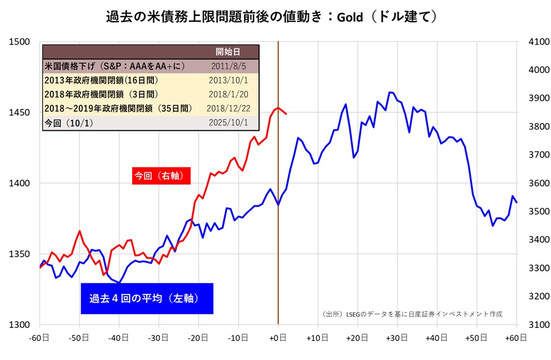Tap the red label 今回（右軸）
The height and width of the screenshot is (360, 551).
161,176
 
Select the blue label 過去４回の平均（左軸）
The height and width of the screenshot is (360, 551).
147,298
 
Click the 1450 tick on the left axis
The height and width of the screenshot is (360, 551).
21,113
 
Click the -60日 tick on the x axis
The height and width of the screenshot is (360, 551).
40,338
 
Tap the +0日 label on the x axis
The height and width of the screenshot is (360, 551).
278,338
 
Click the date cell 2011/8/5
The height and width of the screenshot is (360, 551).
229,66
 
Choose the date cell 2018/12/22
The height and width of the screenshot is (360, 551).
229,108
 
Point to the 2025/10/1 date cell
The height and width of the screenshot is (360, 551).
229,122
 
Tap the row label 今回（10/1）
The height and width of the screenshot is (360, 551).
68,122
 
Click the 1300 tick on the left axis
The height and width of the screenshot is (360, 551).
21,325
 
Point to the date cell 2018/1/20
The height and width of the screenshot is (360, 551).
229,94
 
